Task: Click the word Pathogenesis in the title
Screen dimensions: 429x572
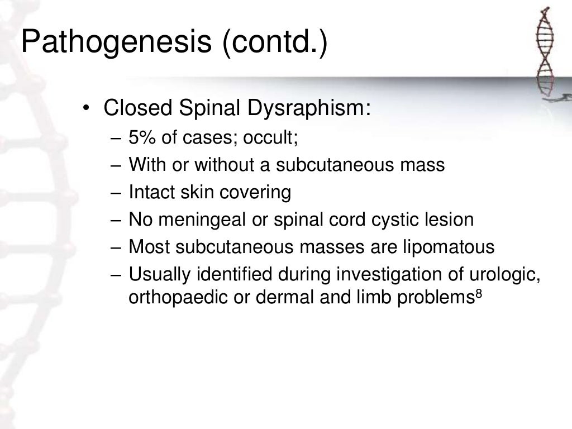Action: click(117, 43)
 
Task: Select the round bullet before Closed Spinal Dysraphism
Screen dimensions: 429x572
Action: click(86, 108)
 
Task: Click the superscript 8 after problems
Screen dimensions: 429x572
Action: click(478, 293)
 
